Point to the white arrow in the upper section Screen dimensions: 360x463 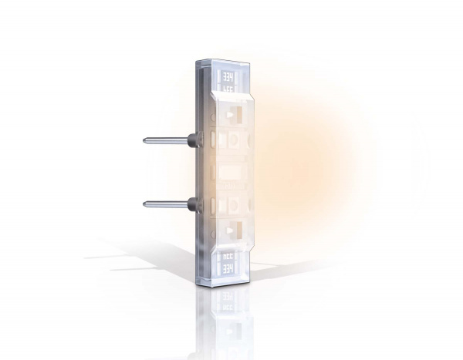click(230, 116)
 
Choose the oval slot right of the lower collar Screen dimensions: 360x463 click(211, 205)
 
